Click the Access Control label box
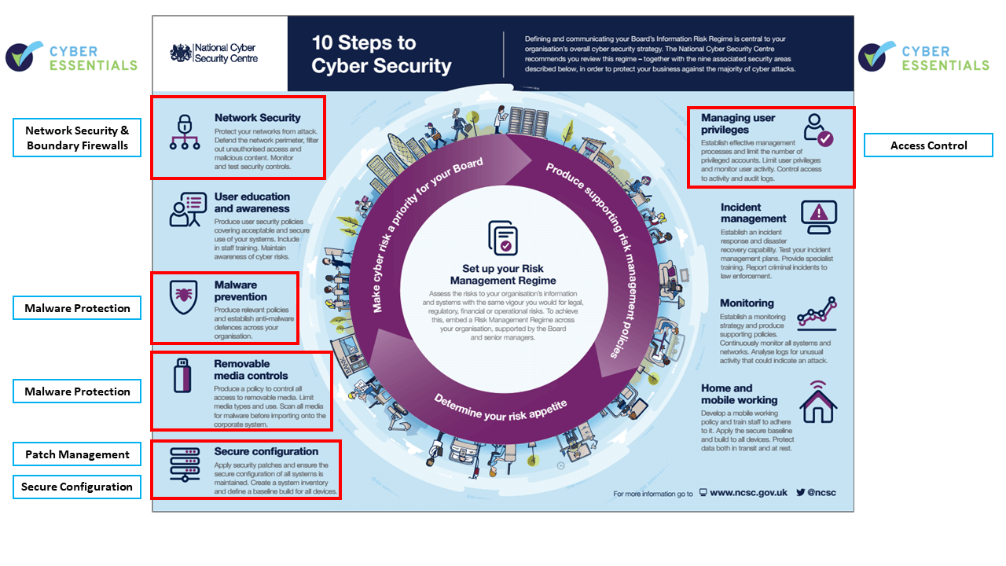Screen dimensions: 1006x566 [928, 145]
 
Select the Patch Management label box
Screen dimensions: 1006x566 [77, 454]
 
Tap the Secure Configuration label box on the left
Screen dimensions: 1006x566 [77, 487]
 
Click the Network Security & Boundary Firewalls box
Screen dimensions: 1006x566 [77, 138]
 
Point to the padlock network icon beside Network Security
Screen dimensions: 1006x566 [185, 131]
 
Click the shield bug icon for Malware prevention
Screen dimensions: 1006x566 [183, 296]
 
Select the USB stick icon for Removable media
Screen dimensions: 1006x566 [182, 376]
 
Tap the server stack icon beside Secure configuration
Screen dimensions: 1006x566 [185, 465]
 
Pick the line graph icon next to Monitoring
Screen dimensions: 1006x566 [817, 313]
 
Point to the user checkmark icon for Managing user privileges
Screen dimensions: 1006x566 [818, 130]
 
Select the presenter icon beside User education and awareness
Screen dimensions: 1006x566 [188, 209]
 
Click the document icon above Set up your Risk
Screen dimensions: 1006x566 [503, 237]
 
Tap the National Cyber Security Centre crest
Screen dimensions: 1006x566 [181, 53]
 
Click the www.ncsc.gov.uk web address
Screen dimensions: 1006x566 [748, 492]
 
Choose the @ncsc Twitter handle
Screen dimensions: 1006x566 [821, 492]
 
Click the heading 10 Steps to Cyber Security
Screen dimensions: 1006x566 [381, 54]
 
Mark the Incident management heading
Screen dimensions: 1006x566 [753, 213]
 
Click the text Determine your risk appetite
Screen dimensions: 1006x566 [500, 409]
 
